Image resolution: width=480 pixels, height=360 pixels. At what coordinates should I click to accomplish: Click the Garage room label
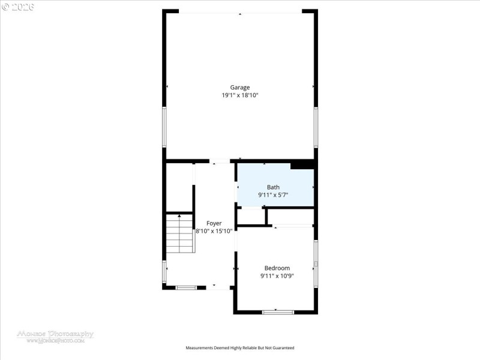[x=240, y=87]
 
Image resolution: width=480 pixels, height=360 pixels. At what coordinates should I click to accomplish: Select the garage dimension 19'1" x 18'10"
[x=240, y=95]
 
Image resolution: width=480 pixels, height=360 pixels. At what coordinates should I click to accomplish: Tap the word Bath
[x=273, y=187]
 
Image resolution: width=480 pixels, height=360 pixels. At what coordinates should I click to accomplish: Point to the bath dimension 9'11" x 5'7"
[x=273, y=195]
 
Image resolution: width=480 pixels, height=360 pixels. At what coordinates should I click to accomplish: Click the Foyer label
[x=214, y=223]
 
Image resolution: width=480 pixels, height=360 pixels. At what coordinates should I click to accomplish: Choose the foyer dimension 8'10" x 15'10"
[x=214, y=231]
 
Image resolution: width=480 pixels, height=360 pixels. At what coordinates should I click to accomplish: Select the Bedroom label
[x=277, y=268]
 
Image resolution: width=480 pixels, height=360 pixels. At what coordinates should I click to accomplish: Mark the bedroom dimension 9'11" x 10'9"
[x=277, y=276]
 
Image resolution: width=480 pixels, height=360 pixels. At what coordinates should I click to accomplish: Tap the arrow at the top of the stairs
[x=179, y=216]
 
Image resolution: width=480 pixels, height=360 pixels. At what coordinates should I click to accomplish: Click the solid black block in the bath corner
[x=302, y=165]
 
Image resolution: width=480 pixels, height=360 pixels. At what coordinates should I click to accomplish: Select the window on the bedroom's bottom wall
[x=278, y=311]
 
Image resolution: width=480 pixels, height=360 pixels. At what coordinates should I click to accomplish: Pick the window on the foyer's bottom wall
[x=185, y=287]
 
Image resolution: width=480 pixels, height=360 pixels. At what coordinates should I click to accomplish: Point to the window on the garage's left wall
[x=164, y=127]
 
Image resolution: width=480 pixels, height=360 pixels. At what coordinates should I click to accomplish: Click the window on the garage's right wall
[x=316, y=127]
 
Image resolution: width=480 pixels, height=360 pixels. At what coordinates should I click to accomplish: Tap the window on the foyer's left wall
[x=164, y=271]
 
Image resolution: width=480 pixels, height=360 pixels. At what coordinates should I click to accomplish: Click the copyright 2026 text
[x=18, y=7]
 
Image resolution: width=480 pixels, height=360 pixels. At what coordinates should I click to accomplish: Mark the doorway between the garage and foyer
[x=220, y=161]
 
